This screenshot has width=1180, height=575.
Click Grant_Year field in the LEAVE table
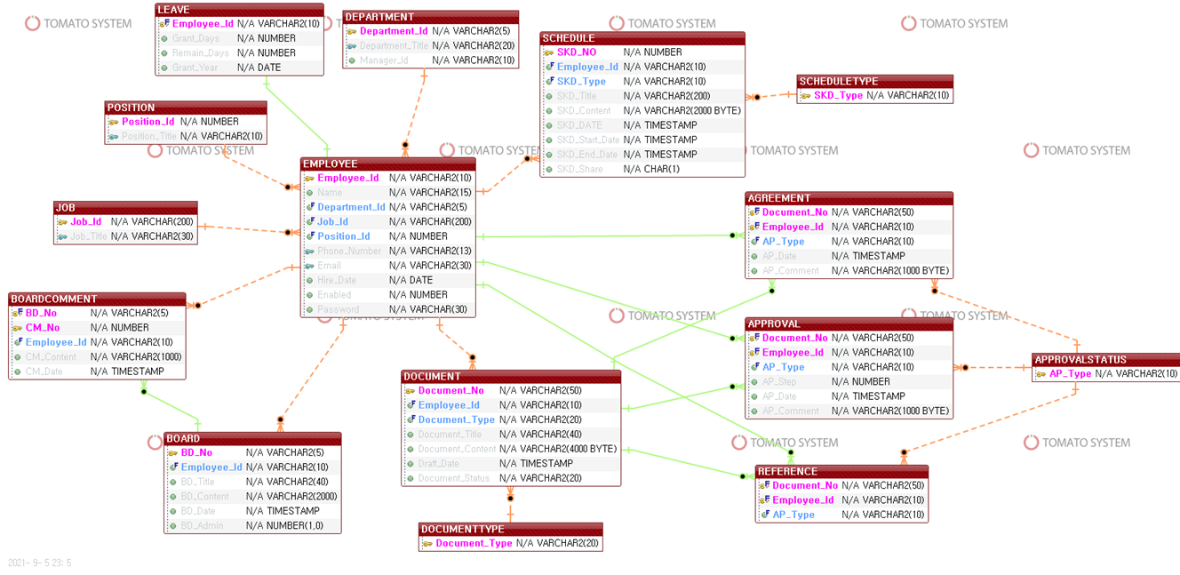coord(195,68)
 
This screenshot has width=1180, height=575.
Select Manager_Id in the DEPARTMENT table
coord(384,60)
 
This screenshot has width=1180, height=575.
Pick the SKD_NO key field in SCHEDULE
coord(577,52)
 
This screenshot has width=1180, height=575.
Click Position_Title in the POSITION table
coord(148,137)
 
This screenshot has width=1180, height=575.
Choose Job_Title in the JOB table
coord(88,236)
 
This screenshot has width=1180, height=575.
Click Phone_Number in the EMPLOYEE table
coord(349,251)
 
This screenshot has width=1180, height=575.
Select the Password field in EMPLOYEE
coord(339,309)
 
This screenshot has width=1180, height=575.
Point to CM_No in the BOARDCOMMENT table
coord(43,328)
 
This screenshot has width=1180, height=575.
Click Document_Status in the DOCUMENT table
coord(453,478)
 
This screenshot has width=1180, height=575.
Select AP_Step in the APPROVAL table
coord(779,382)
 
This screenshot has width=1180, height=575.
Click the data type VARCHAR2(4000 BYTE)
coord(568,449)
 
